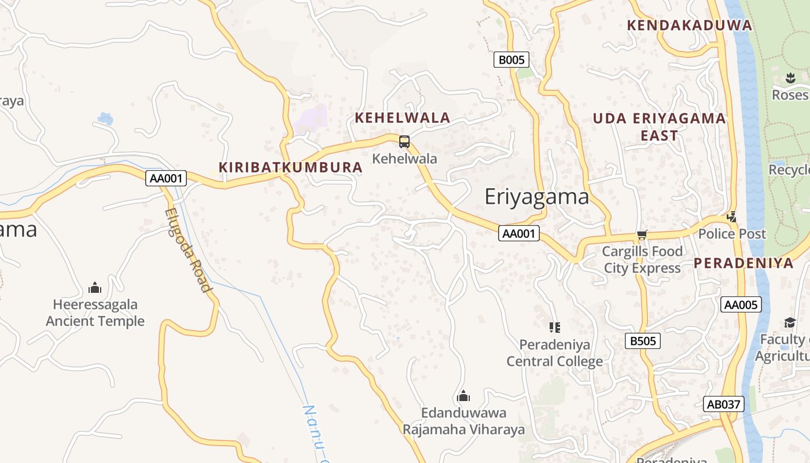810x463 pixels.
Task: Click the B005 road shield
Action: tap(511, 60)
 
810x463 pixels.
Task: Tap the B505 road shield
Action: tap(643, 341)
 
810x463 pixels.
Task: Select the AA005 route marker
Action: tap(741, 304)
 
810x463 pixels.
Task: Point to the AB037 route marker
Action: tap(724, 404)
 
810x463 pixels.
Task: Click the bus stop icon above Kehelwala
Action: tap(404, 141)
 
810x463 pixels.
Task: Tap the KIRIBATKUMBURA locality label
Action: tap(290, 167)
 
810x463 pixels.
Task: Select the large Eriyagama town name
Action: tap(536, 197)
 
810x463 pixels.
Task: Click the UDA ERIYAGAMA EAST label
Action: tap(659, 127)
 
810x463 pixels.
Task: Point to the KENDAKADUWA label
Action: tap(690, 25)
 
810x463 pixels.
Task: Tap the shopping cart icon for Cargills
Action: tap(642, 234)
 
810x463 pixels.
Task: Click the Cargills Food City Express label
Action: tap(642, 260)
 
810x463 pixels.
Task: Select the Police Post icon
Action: tap(731, 217)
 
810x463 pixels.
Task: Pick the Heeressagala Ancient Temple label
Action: tap(95, 313)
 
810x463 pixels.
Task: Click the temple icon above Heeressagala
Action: tap(95, 288)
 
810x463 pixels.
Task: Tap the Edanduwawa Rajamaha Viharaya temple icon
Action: tap(463, 396)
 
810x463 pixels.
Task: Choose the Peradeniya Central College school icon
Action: tap(555, 328)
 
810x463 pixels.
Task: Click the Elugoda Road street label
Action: tap(187, 250)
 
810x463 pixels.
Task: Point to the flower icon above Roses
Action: tap(790, 78)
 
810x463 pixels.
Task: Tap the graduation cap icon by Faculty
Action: tap(790, 322)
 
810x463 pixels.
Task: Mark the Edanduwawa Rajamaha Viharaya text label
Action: tap(463, 421)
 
